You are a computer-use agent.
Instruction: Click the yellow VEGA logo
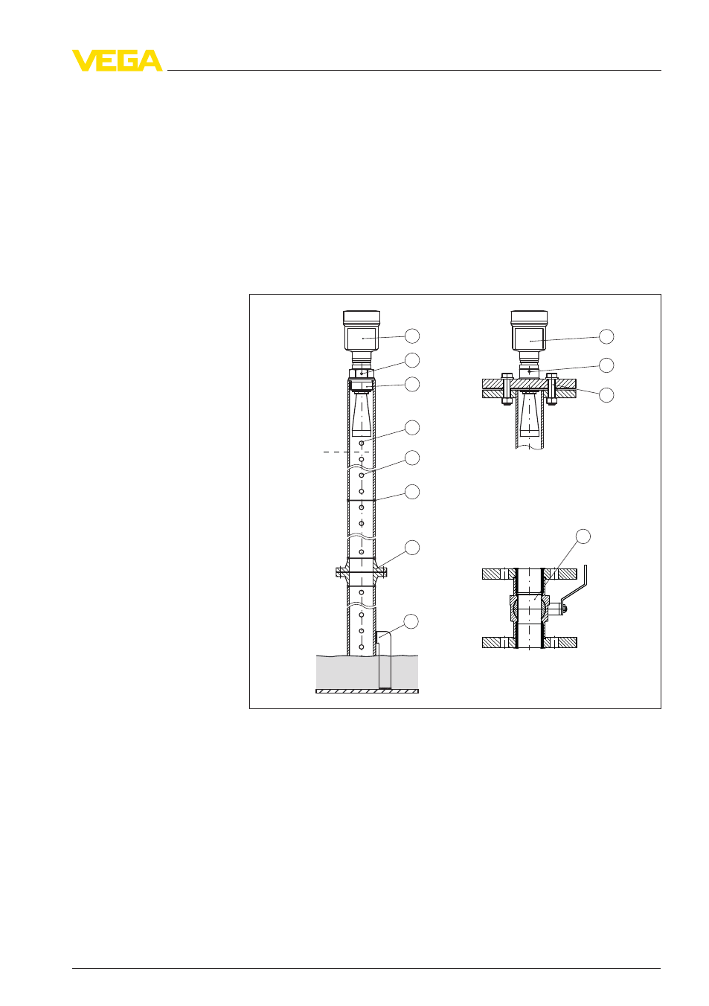tap(118, 60)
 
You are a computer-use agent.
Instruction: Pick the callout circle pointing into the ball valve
tap(583, 536)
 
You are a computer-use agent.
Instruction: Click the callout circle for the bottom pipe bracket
tap(411, 621)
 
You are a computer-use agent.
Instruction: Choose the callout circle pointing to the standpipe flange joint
tap(411, 548)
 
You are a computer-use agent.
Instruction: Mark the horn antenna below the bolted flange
tap(530, 414)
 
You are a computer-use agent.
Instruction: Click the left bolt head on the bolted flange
tap(507, 376)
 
